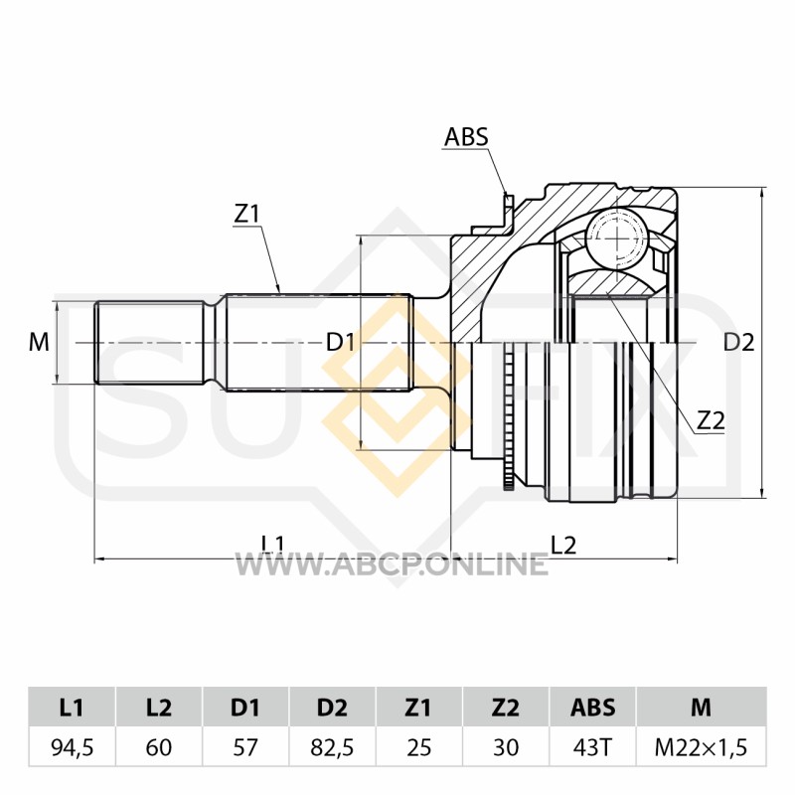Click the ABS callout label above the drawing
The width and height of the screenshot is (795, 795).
coord(466,137)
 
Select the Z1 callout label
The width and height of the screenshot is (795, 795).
coord(246,215)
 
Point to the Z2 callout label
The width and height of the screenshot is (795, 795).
coord(711,420)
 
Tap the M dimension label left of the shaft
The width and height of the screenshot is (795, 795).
coord(39,342)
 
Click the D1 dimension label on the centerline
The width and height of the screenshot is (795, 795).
coord(341,343)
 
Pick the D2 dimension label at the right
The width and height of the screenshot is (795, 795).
coord(738,343)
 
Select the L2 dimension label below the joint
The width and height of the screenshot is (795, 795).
coord(563,546)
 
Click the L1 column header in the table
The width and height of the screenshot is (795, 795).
coord(72,708)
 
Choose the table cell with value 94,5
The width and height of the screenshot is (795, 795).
coord(72,747)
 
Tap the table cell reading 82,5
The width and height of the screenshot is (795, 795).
coord(332,747)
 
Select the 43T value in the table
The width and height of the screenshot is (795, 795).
coord(592,747)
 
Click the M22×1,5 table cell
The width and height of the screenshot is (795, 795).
coord(702,747)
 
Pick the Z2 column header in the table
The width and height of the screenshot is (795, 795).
coord(506,708)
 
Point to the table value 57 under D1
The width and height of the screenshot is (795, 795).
coord(245,747)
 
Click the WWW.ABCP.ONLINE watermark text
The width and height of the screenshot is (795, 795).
coord(391,563)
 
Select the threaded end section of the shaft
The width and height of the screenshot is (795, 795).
coord(150,343)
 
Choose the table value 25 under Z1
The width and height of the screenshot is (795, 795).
coord(418,747)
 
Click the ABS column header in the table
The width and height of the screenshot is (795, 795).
coord(592,708)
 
